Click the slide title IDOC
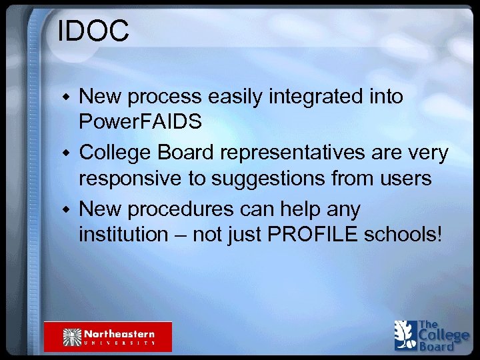[93, 32]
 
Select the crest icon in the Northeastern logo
[71, 337]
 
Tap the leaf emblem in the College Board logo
[405, 335]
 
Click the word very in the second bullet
[427, 153]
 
